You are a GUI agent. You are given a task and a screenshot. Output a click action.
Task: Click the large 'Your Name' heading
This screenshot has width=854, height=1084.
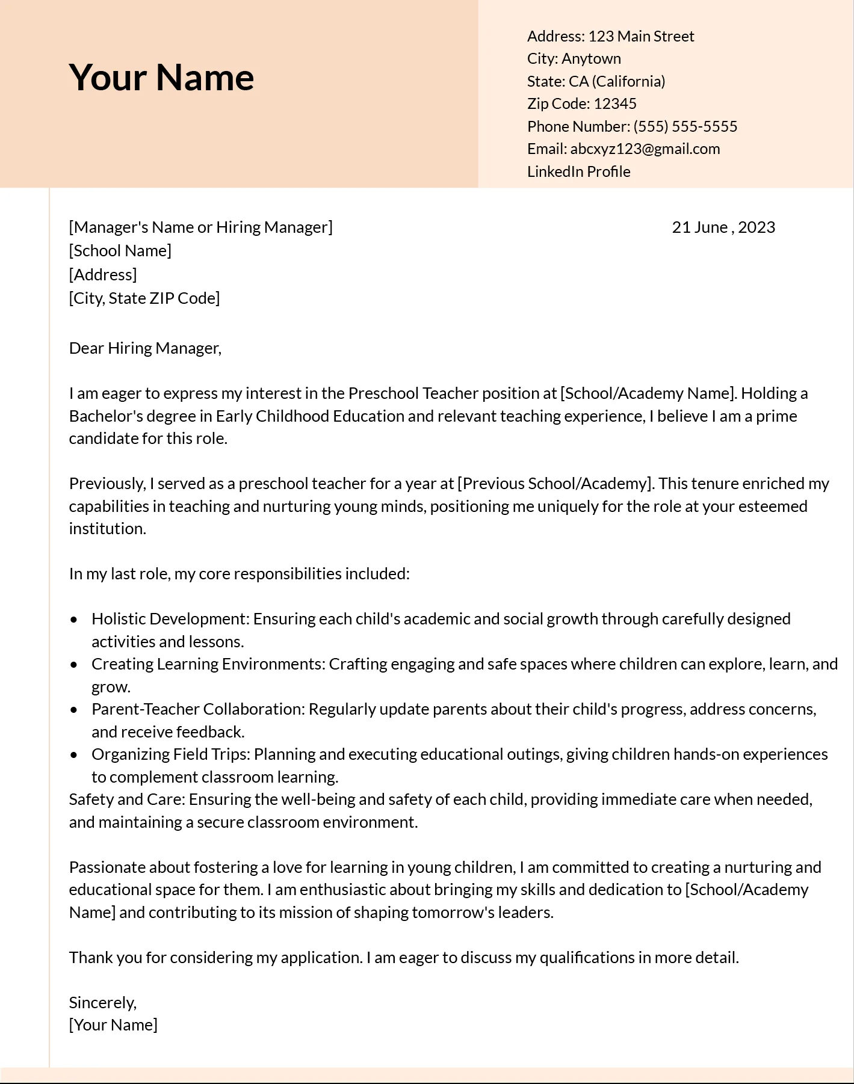161,78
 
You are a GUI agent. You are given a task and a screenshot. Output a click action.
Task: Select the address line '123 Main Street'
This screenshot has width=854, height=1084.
640,37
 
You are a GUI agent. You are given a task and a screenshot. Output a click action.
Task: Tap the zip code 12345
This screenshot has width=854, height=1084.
614,104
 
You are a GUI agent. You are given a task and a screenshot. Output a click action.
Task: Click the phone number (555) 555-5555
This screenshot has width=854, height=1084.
685,126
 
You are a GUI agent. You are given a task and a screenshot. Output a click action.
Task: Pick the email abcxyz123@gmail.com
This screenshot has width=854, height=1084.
645,149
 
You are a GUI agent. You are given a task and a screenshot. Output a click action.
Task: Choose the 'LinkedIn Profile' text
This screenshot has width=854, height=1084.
578,172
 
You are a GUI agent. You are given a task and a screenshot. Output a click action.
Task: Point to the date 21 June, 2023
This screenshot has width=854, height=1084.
723,227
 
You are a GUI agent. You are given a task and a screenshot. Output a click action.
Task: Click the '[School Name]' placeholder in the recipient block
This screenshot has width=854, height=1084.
120,251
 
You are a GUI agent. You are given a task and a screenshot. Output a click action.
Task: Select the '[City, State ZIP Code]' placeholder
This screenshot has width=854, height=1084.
144,298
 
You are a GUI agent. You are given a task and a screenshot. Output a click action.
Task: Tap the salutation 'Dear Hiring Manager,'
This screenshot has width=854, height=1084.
145,348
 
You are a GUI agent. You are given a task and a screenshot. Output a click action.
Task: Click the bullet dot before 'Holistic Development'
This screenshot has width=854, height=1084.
74,619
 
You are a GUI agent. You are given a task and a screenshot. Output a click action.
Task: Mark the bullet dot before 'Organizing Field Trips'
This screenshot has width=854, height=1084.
74,754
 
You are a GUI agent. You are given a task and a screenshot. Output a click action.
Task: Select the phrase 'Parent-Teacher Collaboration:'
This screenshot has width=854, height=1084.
198,709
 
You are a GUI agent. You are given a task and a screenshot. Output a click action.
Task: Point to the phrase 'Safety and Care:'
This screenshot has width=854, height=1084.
127,799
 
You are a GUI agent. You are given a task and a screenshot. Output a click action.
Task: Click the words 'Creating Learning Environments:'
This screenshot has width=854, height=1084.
208,664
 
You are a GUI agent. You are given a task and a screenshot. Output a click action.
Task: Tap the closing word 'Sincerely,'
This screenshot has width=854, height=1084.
103,1003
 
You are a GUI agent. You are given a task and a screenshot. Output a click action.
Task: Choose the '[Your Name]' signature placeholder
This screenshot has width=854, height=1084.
113,1025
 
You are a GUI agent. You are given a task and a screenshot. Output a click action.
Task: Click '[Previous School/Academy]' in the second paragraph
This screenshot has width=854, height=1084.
555,484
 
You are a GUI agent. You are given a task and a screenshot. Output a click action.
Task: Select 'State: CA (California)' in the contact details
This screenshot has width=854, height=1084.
596,82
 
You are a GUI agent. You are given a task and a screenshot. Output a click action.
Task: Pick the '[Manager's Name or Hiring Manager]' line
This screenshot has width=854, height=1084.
200,227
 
